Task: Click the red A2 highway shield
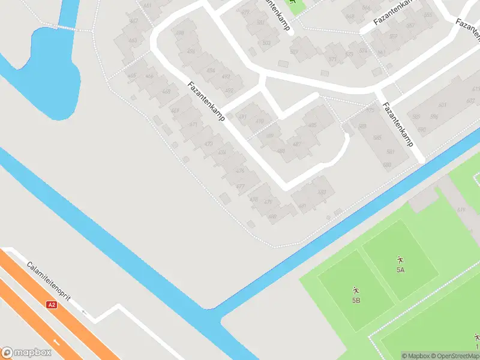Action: (x=52, y=305)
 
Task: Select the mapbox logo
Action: (x=25, y=352)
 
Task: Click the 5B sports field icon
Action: (x=356, y=289)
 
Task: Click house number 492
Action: (x=229, y=91)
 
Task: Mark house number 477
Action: (x=240, y=187)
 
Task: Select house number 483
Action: (x=322, y=192)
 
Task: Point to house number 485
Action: (x=312, y=125)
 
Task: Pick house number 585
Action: (x=377, y=138)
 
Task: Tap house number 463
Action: (x=133, y=41)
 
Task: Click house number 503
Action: (x=266, y=43)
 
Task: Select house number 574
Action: (x=362, y=50)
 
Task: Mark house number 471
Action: (x=193, y=125)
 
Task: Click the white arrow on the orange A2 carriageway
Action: (x=57, y=342)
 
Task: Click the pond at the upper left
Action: (x=51, y=72)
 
